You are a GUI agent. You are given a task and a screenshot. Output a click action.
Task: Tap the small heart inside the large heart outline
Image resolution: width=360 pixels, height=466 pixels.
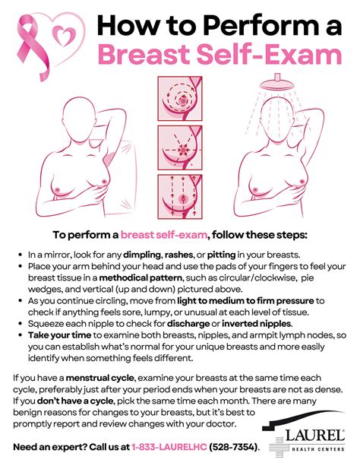pyautogui.click(x=64, y=36)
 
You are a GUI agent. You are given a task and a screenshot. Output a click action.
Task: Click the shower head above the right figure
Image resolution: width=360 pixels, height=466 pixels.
pyautogui.click(x=277, y=83)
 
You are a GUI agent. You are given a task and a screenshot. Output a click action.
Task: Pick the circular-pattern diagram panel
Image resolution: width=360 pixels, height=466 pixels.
pyautogui.click(x=180, y=98)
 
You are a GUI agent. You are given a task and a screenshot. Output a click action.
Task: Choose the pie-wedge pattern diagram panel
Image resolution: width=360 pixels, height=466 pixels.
pyautogui.click(x=180, y=147)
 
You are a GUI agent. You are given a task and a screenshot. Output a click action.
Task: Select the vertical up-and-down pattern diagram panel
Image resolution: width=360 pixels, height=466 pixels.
pyautogui.click(x=180, y=196)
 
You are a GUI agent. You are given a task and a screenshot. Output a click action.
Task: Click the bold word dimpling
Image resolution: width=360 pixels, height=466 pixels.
pyautogui.click(x=142, y=255)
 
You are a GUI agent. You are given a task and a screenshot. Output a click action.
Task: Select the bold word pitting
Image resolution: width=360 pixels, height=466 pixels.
pyautogui.click(x=221, y=255)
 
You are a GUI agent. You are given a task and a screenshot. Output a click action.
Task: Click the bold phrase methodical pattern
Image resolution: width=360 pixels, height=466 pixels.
pyautogui.click(x=141, y=278)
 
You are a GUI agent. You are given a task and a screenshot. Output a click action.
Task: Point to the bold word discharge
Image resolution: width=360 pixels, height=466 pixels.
pyautogui.click(x=188, y=323)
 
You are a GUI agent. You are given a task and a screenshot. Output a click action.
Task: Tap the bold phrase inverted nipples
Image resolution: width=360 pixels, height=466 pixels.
pyautogui.click(x=257, y=323)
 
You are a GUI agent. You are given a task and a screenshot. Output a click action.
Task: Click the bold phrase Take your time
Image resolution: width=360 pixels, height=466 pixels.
pyautogui.click(x=59, y=335)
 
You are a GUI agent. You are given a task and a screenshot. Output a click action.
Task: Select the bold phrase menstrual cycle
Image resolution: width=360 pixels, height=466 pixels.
pyautogui.click(x=100, y=378)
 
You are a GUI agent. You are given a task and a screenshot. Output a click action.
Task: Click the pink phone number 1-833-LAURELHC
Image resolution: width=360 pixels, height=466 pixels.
pyautogui.click(x=169, y=447)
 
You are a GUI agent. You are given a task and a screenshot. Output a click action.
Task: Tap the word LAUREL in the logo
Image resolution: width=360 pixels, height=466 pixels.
pyautogui.click(x=314, y=436)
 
